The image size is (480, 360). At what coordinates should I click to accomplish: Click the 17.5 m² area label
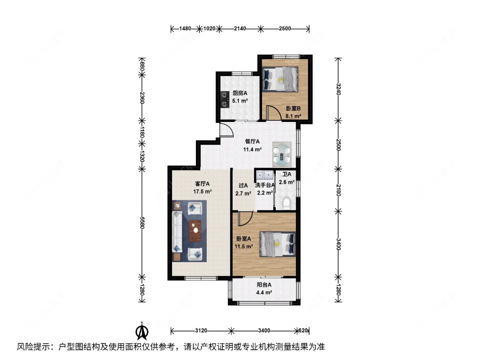[x=202, y=192]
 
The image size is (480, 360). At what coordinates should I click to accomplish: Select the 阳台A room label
[x=264, y=285]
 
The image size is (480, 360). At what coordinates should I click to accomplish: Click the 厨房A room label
[x=240, y=93]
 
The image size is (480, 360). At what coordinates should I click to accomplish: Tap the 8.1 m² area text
[x=293, y=117]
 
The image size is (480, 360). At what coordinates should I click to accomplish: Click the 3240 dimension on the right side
[x=337, y=90]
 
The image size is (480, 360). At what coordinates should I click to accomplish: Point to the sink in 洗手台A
[x=265, y=174]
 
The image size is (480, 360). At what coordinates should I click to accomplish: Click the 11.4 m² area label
[x=253, y=150]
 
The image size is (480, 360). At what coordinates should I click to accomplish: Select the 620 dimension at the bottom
[x=304, y=331]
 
